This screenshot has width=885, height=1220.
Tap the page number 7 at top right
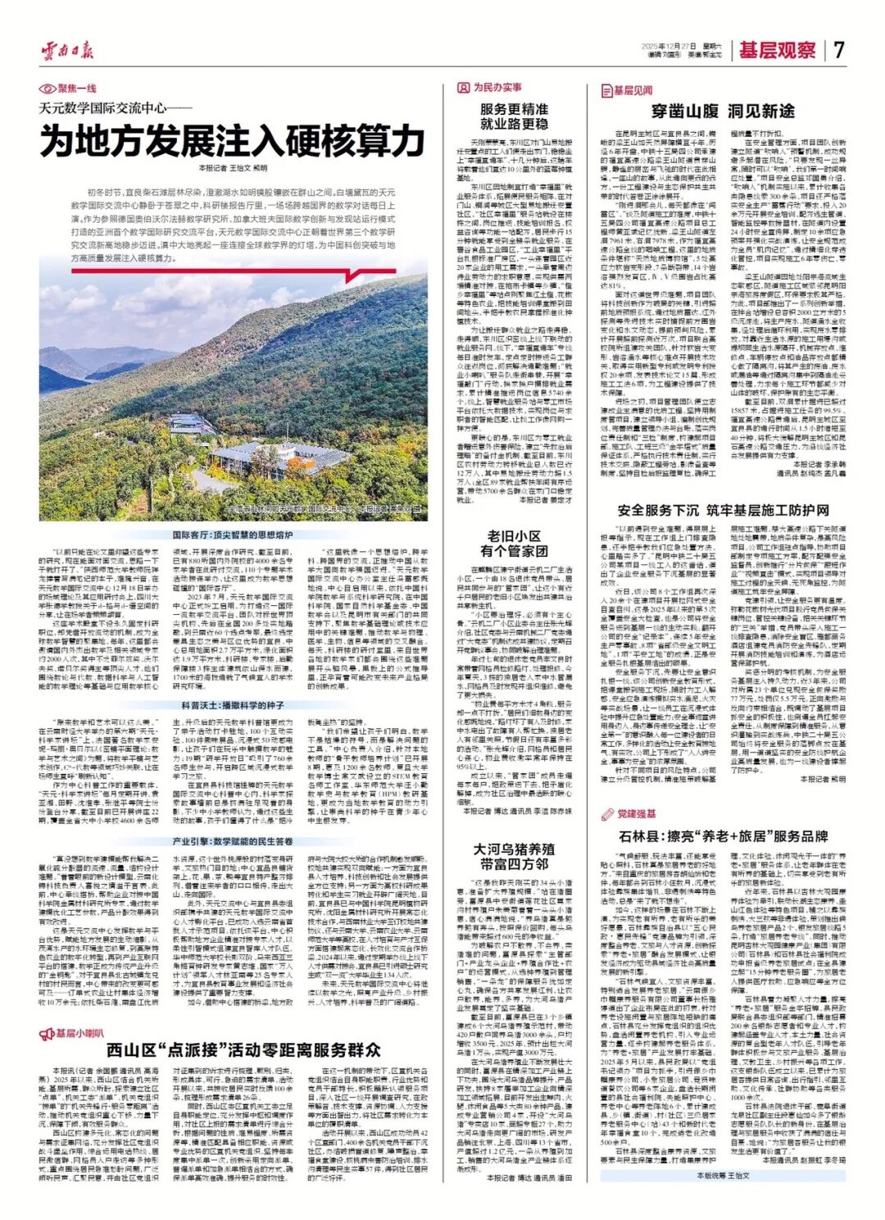(838, 50)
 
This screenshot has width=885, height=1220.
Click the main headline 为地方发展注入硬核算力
(234, 139)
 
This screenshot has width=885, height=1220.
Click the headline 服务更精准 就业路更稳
(514, 116)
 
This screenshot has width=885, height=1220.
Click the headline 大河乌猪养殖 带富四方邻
(514, 856)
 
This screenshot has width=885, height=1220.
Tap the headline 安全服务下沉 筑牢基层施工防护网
(722, 510)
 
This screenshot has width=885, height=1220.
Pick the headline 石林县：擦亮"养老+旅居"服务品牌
(722, 836)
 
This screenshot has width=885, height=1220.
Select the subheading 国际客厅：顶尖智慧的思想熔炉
(232, 535)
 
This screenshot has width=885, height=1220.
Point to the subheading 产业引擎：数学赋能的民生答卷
(232, 841)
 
